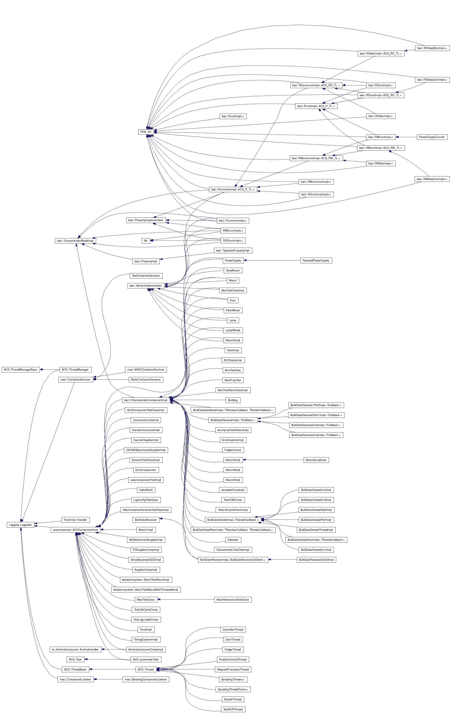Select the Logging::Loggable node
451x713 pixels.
click(20, 525)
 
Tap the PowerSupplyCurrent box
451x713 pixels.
click(431, 137)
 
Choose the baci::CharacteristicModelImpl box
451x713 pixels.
click(75, 241)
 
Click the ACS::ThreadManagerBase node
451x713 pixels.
click(20, 369)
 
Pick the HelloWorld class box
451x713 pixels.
click(146, 490)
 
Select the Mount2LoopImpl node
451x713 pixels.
click(316, 460)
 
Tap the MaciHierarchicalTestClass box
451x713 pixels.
click(233, 600)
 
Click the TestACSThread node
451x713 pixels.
click(233, 709)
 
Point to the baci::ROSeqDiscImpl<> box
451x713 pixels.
click(432, 48)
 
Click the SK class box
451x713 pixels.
click(145, 241)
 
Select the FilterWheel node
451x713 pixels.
click(233, 310)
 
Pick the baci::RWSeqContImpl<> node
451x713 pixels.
click(432, 179)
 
